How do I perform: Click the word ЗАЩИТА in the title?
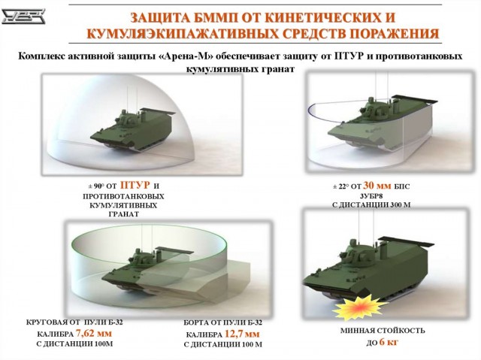(x=164, y=17)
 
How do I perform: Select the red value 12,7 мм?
(x=241, y=333)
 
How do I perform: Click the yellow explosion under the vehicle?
(x=353, y=306)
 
